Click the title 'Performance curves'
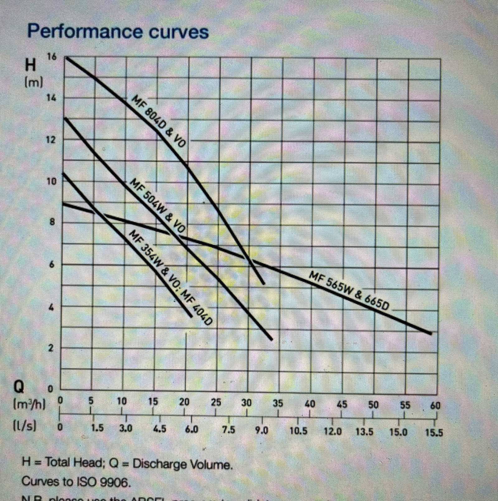(118, 32)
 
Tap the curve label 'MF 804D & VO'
(159, 122)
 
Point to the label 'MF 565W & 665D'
(349, 291)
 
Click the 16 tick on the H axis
(52, 57)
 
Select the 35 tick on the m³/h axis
(278, 403)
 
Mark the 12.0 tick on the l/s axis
(333, 432)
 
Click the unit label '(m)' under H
(34, 83)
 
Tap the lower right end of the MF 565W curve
(430, 333)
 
